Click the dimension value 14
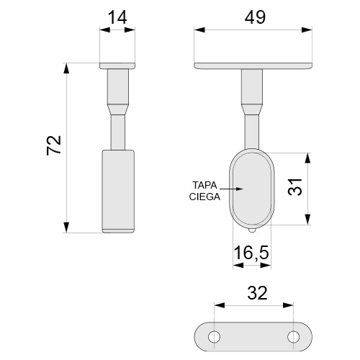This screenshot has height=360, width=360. tap(117, 18)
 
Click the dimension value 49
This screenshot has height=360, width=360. tap(255, 18)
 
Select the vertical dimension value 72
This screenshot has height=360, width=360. tap(54, 145)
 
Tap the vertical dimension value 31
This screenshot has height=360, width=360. tap(294, 187)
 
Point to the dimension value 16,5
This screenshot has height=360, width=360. tap(251, 253)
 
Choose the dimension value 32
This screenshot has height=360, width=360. tap(257, 293)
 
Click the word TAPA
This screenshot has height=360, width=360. tap(204, 185)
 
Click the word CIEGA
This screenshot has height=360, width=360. tap(204, 197)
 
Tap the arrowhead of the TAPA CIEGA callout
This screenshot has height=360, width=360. tap(239, 189)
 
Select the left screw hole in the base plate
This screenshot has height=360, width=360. tap(214, 337)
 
